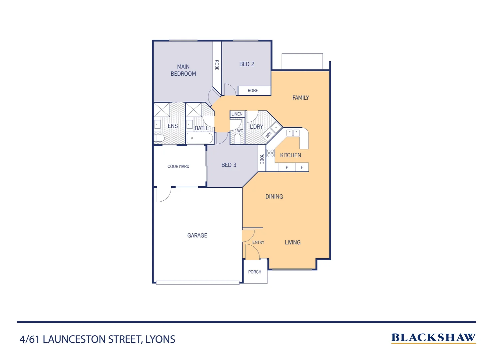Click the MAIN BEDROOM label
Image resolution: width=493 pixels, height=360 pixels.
pyautogui.click(x=183, y=70)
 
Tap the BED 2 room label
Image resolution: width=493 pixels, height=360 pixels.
pyautogui.click(x=246, y=64)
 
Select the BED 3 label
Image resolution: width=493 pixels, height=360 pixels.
pyautogui.click(x=229, y=165)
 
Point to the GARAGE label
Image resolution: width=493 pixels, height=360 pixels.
pyautogui.click(x=197, y=236)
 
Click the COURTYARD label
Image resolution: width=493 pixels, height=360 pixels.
pyautogui.click(x=178, y=166)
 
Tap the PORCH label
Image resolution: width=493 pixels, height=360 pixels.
pyautogui.click(x=255, y=272)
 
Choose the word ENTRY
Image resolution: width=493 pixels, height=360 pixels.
pyautogui.click(x=258, y=242)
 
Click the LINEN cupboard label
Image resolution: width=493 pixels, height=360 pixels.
pyautogui.click(x=237, y=114)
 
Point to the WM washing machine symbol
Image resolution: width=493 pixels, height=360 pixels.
pyautogui.click(x=268, y=135)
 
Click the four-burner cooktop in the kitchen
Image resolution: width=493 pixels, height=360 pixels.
pyautogui.click(x=270, y=153)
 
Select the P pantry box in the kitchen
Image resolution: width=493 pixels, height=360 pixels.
pyautogui.click(x=287, y=167)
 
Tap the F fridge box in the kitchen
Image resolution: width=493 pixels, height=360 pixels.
pyautogui.click(x=302, y=167)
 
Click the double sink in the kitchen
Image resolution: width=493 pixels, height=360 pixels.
pyautogui.click(x=293, y=133)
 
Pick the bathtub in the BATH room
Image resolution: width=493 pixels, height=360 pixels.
pyautogui.click(x=200, y=138)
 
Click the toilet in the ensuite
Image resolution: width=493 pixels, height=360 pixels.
pyautogui.click(x=159, y=138)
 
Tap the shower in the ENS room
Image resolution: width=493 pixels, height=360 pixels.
pyautogui.click(x=162, y=110)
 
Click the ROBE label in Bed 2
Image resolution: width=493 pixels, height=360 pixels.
pyautogui.click(x=253, y=91)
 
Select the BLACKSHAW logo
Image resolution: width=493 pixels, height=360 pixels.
pyautogui.click(x=433, y=338)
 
